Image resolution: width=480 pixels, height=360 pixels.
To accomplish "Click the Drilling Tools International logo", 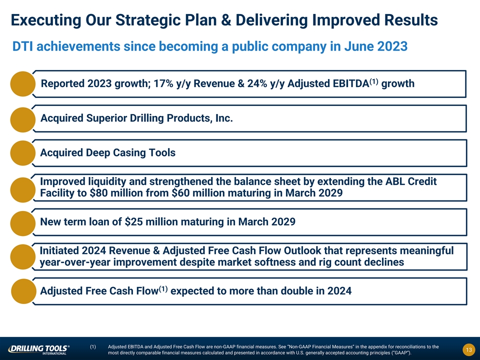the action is pyautogui.click(x=39, y=349).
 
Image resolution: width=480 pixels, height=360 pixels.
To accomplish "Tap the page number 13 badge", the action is pyautogui.click(x=468, y=350).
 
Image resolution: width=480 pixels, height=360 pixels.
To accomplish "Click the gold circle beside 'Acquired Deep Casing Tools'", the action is pyautogui.click(x=23, y=153).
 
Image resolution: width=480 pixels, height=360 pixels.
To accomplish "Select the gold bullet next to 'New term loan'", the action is pyautogui.click(x=23, y=223).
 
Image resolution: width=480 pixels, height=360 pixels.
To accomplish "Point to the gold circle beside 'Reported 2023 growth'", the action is pyautogui.click(x=23, y=84).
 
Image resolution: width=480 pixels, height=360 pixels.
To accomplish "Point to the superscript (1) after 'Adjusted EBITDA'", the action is pyautogui.click(x=374, y=81).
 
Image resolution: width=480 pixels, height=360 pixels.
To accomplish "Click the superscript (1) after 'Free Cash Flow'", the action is pyautogui.click(x=163, y=289).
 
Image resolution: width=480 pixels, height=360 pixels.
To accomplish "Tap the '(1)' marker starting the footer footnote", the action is pyautogui.click(x=93, y=347).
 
